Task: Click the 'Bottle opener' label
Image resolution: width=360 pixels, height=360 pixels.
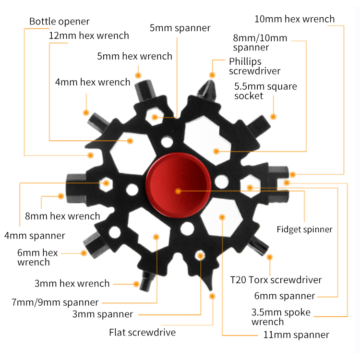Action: pos(60,22)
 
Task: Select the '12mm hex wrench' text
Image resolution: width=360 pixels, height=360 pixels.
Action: pos(89,36)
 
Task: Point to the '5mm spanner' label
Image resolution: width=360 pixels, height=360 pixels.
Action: pos(180,28)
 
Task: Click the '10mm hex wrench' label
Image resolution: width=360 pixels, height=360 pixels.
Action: pos(294,19)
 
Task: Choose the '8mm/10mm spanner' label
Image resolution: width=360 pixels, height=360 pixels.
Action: pos(260,43)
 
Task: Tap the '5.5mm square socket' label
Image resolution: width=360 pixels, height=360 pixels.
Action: pos(265,91)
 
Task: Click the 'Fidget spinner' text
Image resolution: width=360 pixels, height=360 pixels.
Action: pos(304,229)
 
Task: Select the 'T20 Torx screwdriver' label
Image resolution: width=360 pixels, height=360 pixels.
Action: pos(276,280)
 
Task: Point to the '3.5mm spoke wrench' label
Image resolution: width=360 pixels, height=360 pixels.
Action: pos(281,317)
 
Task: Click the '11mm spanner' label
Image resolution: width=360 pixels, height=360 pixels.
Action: pos(297,335)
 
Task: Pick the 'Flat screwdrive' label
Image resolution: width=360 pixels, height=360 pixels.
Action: pos(142,332)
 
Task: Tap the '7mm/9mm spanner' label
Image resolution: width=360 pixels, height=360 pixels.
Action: pos(55,302)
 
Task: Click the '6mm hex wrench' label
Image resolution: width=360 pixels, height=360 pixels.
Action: pos(37,257)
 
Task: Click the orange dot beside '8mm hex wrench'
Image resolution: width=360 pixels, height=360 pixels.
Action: pos(61,196)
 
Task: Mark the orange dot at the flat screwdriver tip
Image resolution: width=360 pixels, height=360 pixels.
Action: pos(212,296)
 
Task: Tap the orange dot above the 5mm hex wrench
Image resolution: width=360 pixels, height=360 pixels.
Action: pos(138,75)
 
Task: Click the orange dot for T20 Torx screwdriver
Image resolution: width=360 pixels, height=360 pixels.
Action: pos(270,257)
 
